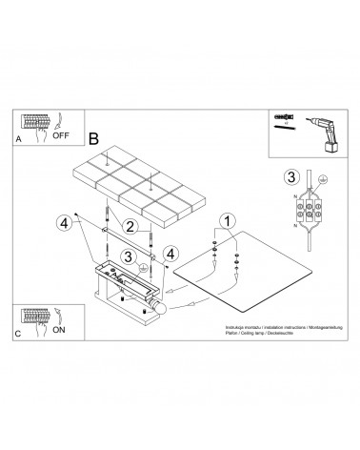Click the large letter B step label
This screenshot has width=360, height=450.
93,137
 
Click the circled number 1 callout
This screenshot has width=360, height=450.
226,222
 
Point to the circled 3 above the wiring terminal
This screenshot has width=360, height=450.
291,176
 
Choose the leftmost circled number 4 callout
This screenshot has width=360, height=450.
64,223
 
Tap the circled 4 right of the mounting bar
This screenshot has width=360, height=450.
171,254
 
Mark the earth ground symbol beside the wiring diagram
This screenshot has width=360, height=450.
324,179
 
